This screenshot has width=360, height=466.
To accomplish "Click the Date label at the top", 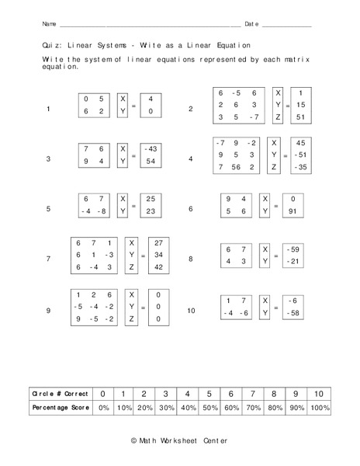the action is pyautogui.click(x=251, y=25).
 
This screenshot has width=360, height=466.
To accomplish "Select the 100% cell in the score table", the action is pyautogui.click(x=320, y=407).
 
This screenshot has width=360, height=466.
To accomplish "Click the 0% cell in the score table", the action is pyautogui.click(x=102, y=407).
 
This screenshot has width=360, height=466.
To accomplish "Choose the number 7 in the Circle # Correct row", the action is pyautogui.click(x=253, y=393).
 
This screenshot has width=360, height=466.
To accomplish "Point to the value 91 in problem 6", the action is pyautogui.click(x=292, y=210).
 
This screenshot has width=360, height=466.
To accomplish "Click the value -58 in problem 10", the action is pyautogui.click(x=292, y=312).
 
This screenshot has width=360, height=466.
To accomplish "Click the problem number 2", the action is pyautogui.click(x=190, y=110).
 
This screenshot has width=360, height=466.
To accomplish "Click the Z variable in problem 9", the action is pyautogui.click(x=133, y=318).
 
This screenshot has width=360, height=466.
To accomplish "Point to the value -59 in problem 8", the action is pyautogui.click(x=292, y=249).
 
